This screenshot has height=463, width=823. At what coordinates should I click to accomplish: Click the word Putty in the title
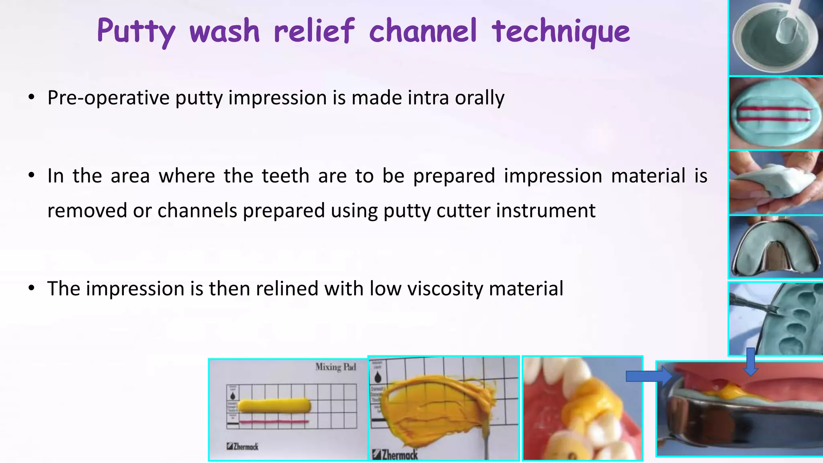click(x=136, y=31)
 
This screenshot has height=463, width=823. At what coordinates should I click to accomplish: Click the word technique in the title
click(x=561, y=31)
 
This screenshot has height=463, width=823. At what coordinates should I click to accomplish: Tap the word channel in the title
click(x=423, y=31)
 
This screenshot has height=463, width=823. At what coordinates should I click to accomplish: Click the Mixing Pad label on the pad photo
click(x=336, y=367)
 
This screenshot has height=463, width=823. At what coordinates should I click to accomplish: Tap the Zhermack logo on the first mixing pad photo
click(x=242, y=447)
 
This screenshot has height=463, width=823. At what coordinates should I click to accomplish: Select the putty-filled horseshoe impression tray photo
click(x=776, y=248)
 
